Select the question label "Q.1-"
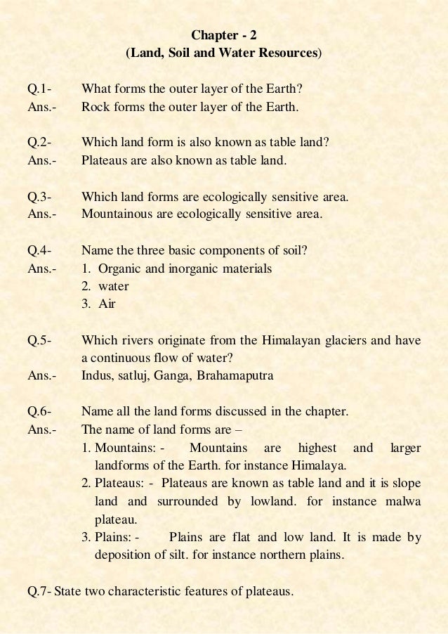(39, 89)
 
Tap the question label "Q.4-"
(39, 251)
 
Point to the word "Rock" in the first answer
(95, 108)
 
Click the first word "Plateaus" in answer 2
(104, 160)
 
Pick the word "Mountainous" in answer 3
(114, 214)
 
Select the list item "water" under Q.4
(114, 286)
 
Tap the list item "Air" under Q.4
(107, 304)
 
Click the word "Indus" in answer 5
(97, 376)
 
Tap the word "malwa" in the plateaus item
(403, 502)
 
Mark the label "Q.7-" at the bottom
(39, 591)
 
